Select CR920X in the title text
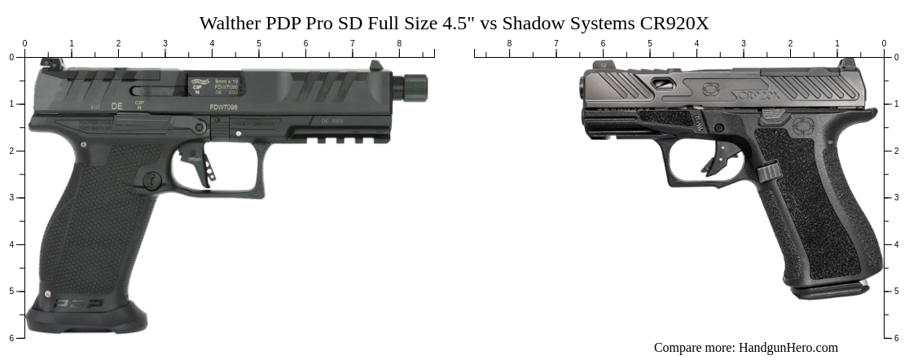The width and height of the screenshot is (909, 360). [674, 23]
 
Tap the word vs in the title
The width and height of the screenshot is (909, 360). [490, 23]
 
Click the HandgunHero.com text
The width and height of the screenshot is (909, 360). [788, 348]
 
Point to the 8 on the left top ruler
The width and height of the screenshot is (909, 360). [399, 43]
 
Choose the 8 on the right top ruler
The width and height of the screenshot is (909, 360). [510, 43]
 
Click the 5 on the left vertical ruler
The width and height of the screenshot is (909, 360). [11, 291]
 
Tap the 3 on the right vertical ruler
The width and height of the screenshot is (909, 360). [898, 197]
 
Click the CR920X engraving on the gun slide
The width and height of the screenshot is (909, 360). [759, 94]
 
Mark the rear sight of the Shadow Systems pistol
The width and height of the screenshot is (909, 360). [848, 64]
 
